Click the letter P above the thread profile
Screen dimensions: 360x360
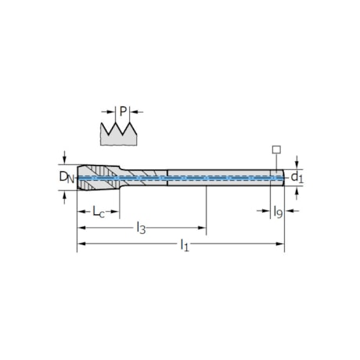coord(123,111)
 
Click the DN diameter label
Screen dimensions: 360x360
coord(67,177)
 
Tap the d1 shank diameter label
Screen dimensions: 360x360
coord(297,178)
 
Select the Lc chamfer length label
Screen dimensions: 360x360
coord(99,211)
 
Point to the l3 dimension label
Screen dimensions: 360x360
coord(141,228)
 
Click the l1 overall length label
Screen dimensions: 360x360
coord(185,245)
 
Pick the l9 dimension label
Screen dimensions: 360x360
coord(278,211)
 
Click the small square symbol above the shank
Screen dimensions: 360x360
coord(276,149)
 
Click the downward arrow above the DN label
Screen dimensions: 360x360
coord(65,157)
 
